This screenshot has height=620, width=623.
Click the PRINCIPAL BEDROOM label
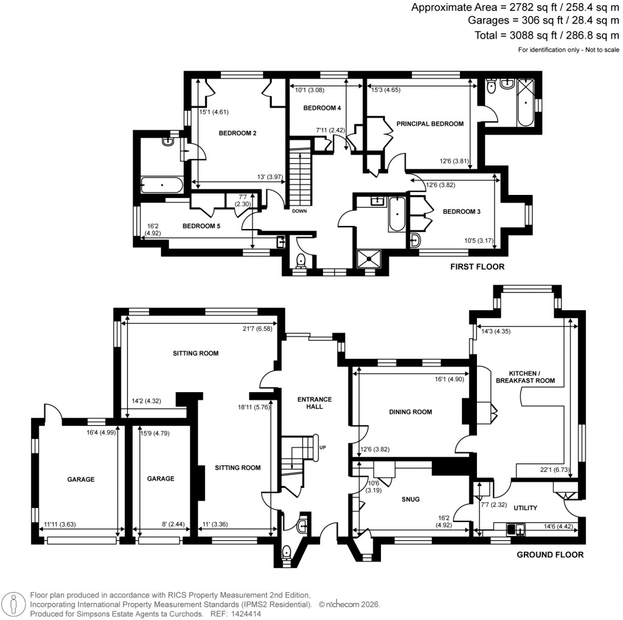(x=430, y=124)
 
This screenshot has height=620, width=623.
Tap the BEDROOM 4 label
(x=322, y=108)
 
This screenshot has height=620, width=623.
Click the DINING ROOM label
(x=410, y=412)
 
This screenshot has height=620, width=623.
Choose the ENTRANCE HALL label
(x=314, y=403)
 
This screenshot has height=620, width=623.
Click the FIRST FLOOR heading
(x=477, y=267)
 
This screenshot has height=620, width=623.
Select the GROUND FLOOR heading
(x=550, y=555)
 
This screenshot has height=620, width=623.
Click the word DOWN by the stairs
(x=299, y=211)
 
